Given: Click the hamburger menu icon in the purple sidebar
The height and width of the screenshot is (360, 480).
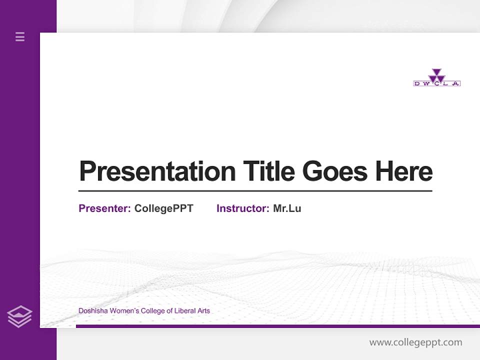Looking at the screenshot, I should [x=20, y=36].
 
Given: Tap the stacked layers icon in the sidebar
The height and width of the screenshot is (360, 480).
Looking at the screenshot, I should [x=19, y=316].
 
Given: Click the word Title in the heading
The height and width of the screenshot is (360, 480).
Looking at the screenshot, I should [x=268, y=171].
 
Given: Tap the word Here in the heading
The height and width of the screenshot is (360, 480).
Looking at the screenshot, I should [x=404, y=171].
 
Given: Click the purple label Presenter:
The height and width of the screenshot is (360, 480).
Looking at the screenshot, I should [x=104, y=208].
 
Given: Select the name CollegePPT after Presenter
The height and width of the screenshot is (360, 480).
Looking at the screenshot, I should [x=163, y=208].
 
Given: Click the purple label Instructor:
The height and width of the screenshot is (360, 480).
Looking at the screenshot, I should [x=242, y=208].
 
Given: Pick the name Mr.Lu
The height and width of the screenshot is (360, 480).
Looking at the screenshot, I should [x=287, y=208].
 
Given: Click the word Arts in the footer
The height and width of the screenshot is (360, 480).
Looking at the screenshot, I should [x=203, y=311].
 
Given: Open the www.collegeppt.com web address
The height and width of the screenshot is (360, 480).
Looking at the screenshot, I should [x=415, y=342].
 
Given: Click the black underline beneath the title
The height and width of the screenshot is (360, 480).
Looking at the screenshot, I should [x=255, y=190].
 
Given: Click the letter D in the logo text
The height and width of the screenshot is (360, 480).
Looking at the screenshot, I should [x=417, y=83].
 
